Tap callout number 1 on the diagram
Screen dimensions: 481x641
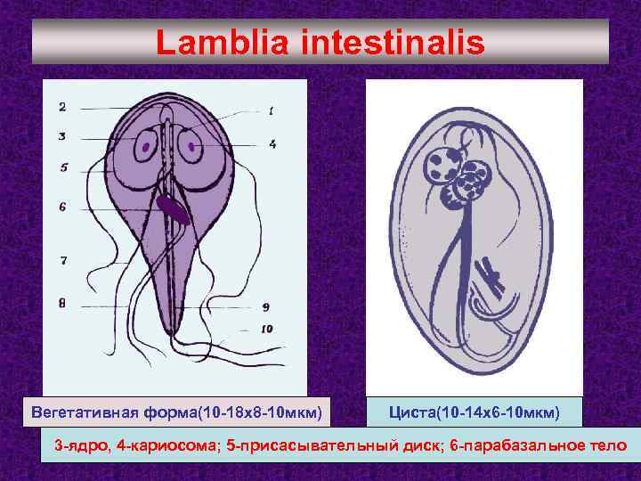271,110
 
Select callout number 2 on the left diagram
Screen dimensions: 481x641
62,108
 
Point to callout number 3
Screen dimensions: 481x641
62,136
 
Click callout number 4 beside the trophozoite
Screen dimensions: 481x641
272,143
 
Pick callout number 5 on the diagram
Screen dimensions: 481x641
63,167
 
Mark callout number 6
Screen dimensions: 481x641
62,206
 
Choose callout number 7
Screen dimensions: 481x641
62,260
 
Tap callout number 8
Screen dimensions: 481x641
62,303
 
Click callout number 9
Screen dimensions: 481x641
267,306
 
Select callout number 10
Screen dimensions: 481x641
268,328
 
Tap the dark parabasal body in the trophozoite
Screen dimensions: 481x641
170,208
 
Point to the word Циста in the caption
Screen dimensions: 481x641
413,413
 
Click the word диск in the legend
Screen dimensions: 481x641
441,444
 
